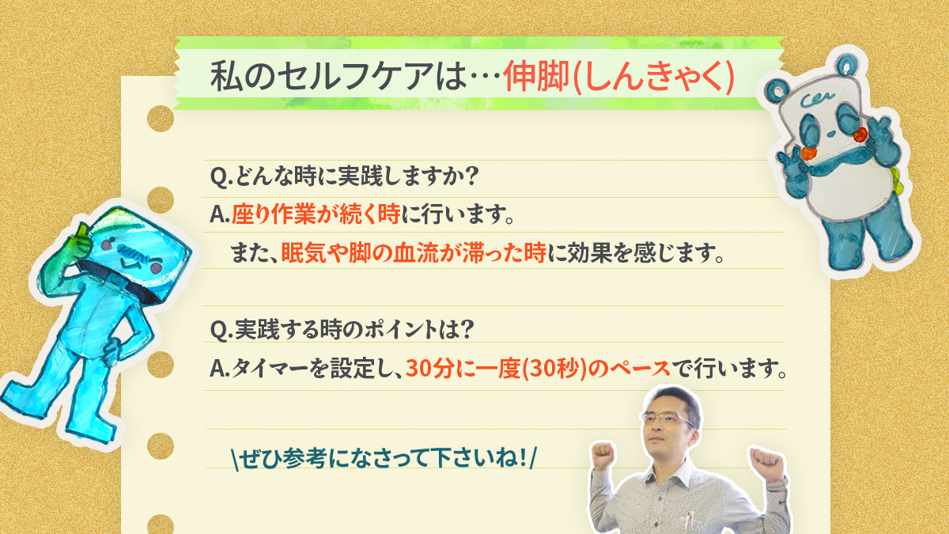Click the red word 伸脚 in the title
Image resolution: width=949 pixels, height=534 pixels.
(536, 77)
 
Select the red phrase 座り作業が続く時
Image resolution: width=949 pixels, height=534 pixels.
(316, 214)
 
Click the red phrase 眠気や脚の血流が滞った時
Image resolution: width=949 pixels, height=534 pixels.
(414, 253)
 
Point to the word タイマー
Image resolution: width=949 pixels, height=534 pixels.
(270, 369)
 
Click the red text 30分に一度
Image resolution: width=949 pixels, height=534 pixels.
(463, 369)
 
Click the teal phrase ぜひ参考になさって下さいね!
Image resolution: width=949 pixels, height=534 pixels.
(384, 458)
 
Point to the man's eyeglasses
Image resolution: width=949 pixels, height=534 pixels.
(667, 418)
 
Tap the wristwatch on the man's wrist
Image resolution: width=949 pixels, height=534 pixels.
(778, 484)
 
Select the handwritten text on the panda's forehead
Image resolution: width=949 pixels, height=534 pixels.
(817, 100)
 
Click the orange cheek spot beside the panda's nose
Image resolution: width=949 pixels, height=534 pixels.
(860, 134)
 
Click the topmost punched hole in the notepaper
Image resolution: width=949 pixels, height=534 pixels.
(161, 118)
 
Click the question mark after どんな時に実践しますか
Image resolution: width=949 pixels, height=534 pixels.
(471, 176)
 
